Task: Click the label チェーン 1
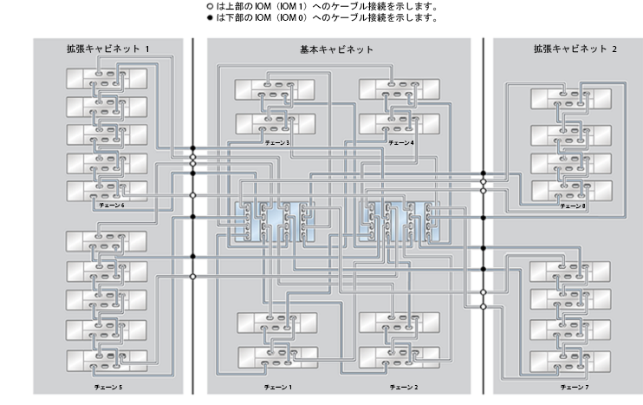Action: click(278, 387)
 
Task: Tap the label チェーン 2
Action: click(404, 387)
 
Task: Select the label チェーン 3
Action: click(277, 143)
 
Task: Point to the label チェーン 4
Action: click(401, 143)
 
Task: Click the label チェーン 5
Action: click(108, 387)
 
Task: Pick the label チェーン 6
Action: click(112, 205)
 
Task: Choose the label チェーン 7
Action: click(575, 387)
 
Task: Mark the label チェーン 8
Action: click(573, 206)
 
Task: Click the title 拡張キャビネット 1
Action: click(108, 49)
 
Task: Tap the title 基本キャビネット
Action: click(337, 49)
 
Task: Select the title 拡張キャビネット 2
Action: click(575, 49)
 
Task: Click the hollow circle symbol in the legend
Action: click(210, 7)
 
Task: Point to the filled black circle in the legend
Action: click(210, 17)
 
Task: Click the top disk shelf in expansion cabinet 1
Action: click(107, 78)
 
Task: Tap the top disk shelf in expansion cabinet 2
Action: click(571, 99)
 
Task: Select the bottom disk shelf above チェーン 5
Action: click(107, 361)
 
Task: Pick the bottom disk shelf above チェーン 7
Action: click(570, 362)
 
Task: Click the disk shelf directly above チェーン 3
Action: click(276, 124)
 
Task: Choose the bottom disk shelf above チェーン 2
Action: click(399, 357)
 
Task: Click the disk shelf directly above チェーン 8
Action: click(572, 191)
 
